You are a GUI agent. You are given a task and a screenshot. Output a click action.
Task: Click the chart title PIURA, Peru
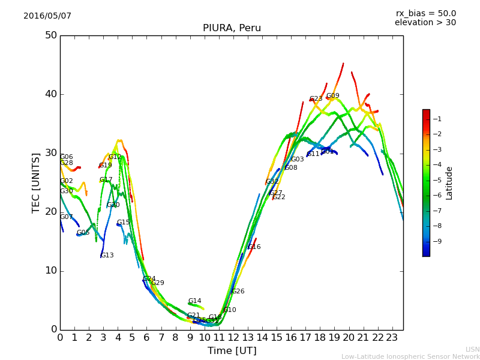click(x=232, y=28)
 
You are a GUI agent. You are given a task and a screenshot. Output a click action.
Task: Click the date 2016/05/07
click(x=47, y=16)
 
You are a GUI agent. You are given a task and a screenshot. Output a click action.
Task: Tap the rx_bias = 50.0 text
click(x=425, y=14)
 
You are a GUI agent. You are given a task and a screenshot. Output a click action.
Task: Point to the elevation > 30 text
click(x=425, y=23)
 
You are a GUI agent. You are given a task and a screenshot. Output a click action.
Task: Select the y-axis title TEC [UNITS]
click(x=36, y=182)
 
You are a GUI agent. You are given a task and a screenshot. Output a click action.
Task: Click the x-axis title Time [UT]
click(x=232, y=351)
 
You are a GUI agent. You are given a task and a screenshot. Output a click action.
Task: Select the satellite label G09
click(x=332, y=96)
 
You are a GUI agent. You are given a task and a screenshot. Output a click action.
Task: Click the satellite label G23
click(x=316, y=99)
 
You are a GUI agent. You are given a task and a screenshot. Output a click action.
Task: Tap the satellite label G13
click(x=107, y=256)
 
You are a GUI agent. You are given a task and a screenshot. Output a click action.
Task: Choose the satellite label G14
click(x=194, y=301)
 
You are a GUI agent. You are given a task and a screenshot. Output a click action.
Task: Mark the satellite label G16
click(x=254, y=247)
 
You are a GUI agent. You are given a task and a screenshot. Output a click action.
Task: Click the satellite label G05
click(x=83, y=233)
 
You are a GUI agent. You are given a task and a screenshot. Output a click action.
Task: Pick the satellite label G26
click(x=238, y=292)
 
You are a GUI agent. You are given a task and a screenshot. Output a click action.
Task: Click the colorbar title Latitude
click(x=449, y=183)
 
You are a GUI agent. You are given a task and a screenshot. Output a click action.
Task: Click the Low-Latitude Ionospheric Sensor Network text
click(x=410, y=357)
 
